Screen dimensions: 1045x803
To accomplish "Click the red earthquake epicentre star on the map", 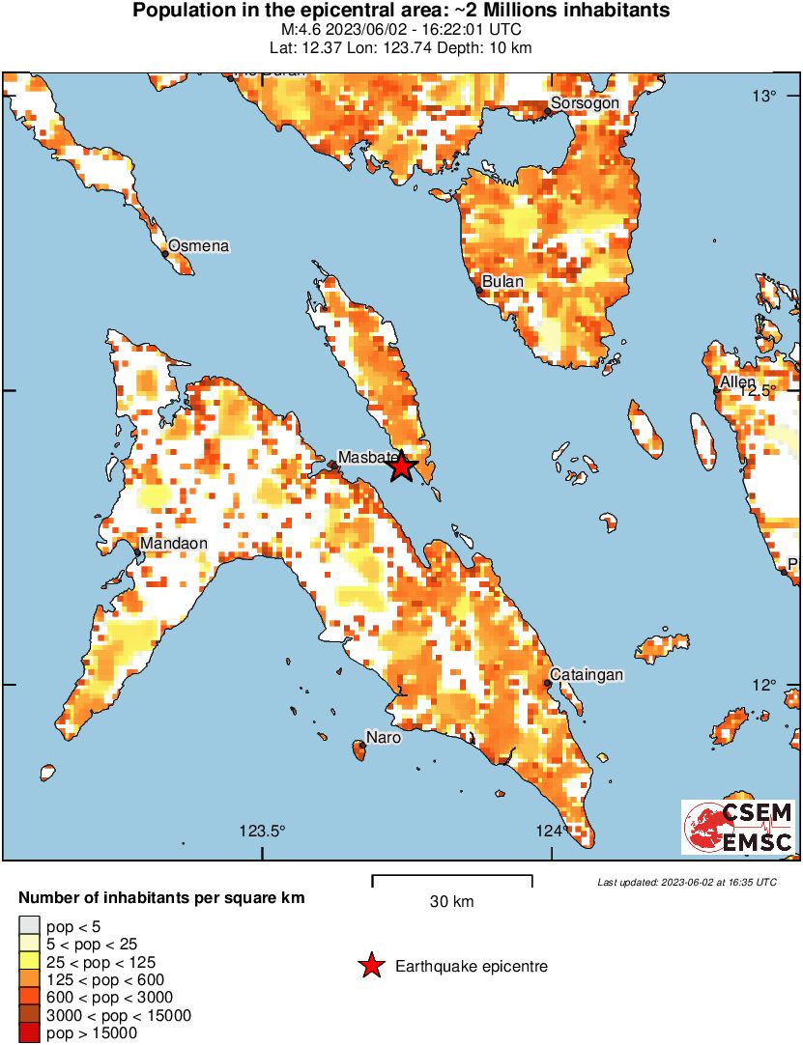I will pos(402,467).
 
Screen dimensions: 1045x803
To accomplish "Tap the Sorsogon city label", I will pos(584,103).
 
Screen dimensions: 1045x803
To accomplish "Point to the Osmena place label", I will pos(199,246).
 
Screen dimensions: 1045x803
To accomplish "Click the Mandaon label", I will pos(174,544).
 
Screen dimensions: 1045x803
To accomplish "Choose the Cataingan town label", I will pos(587,674).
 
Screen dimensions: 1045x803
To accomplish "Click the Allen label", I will pos(738,382).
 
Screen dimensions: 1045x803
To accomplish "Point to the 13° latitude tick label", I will pos(766,95).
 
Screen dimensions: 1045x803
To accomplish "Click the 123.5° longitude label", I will pos(263,831).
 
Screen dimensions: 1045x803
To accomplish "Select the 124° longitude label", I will pos(551,831).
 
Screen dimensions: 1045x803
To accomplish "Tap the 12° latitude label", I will pos(766,685).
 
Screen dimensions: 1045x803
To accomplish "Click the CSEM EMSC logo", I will pos(738,827).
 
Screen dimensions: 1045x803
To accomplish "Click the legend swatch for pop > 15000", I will pos(30,1032).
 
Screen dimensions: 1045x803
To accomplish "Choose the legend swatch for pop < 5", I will pos(30,926).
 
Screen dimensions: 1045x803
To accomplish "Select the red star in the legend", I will pos(370,966).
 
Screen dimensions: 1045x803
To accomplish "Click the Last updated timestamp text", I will pos(687,882).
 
